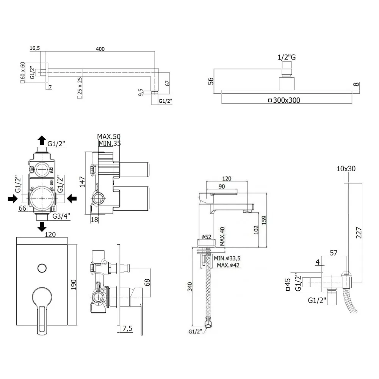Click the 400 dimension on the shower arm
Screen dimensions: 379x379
[100, 49]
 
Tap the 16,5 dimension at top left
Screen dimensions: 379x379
[34, 48]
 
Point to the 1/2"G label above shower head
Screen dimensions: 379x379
[287, 57]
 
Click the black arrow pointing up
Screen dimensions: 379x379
[42, 140]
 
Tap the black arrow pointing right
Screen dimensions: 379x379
[13, 198]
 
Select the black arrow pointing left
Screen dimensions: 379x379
[72, 198]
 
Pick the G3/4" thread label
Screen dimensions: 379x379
[61, 216]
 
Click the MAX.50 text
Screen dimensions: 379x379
[109, 136]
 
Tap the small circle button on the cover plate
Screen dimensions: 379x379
[42, 268]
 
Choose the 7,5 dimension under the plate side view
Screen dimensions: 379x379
[127, 329]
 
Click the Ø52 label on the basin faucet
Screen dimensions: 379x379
[207, 237]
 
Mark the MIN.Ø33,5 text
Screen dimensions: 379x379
[227, 258]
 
